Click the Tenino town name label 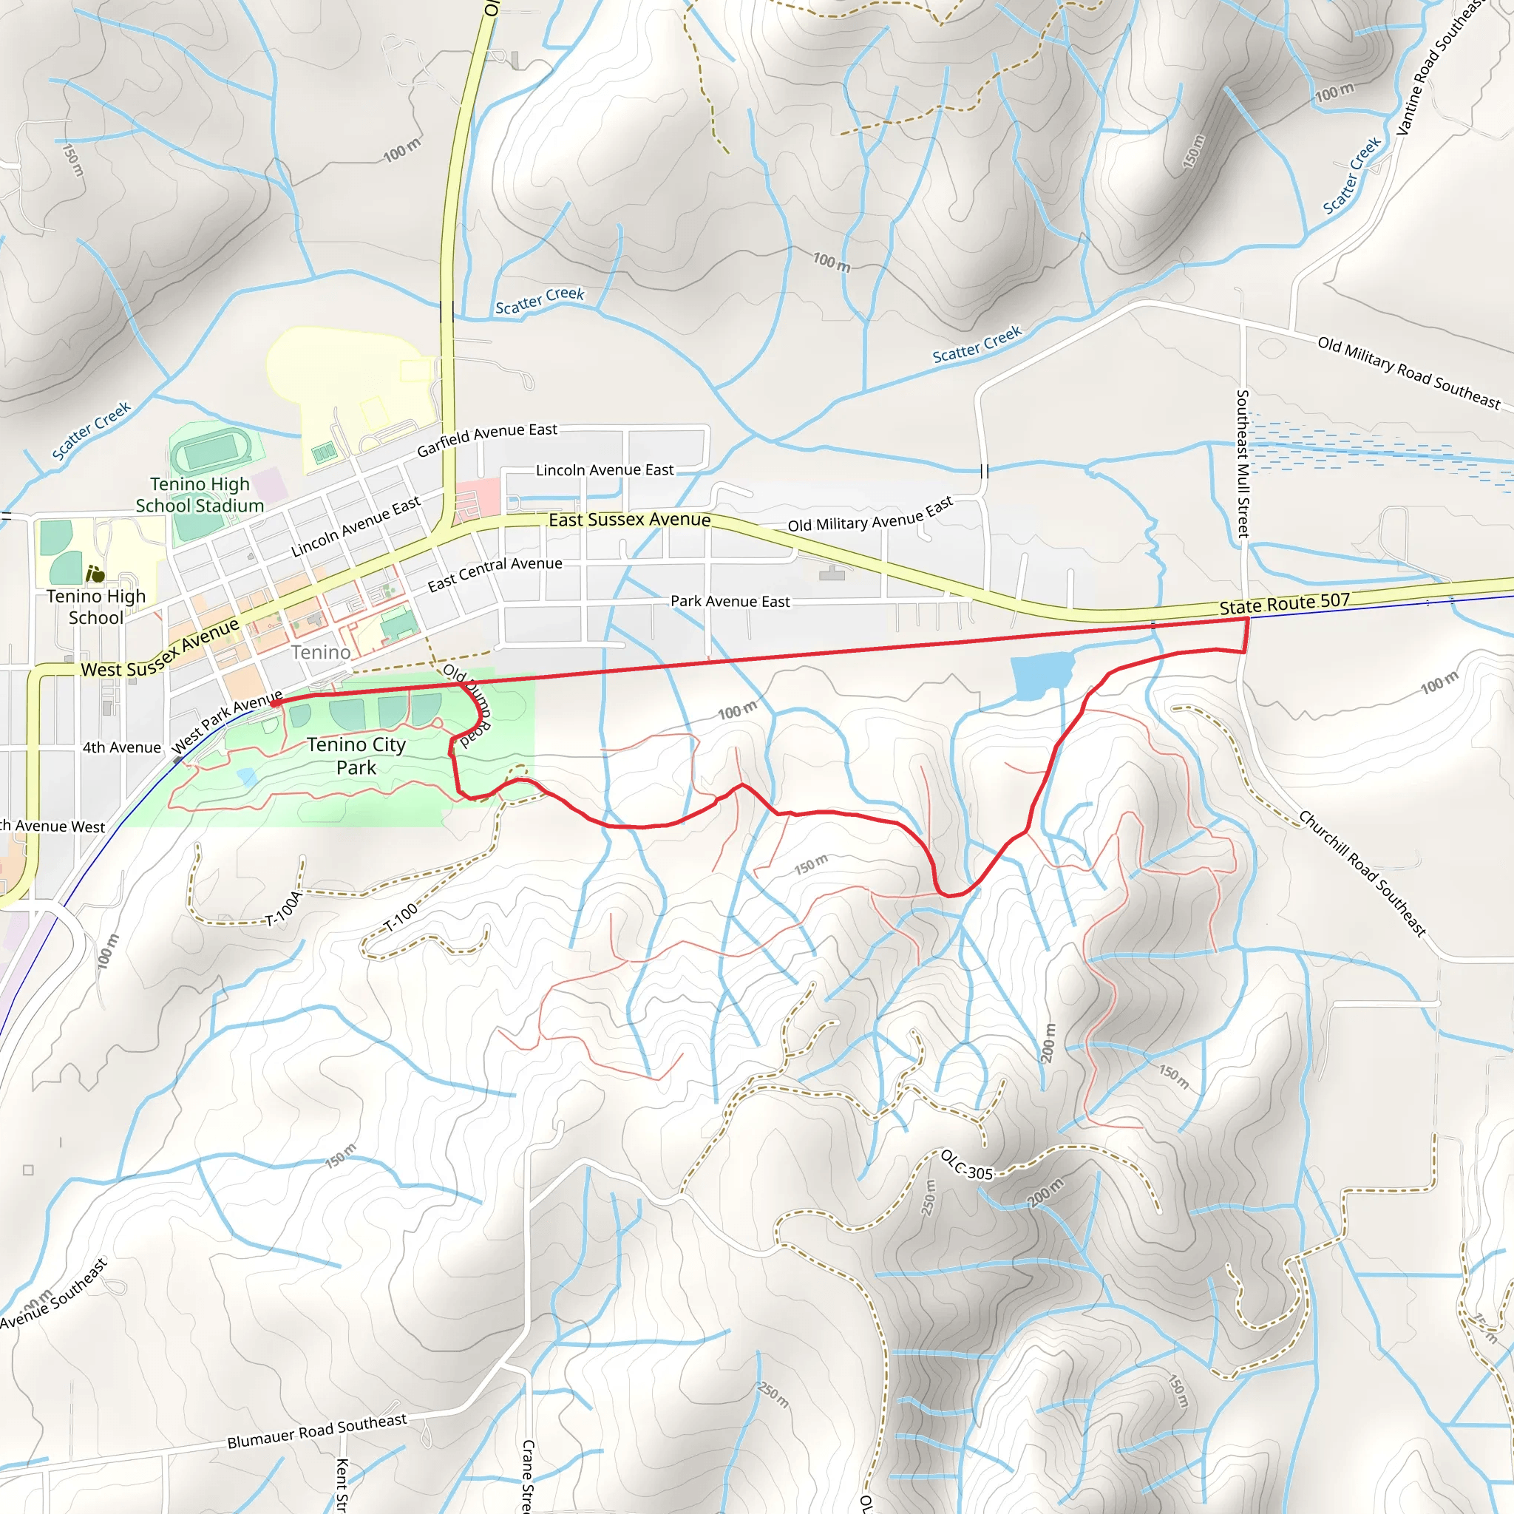pos(321,652)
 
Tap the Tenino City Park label pos(356,756)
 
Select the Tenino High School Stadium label pos(200,495)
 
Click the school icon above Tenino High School pos(95,574)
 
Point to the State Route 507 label pos(1284,603)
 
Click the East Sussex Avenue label pos(629,520)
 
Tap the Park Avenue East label pos(730,601)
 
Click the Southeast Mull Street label pos(1242,463)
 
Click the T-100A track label pos(283,909)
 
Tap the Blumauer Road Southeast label pos(316,1431)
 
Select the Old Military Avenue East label pos(870,515)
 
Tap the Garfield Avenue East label pos(486,439)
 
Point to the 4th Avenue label pos(121,747)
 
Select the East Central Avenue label pos(495,574)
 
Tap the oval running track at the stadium pos(211,453)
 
